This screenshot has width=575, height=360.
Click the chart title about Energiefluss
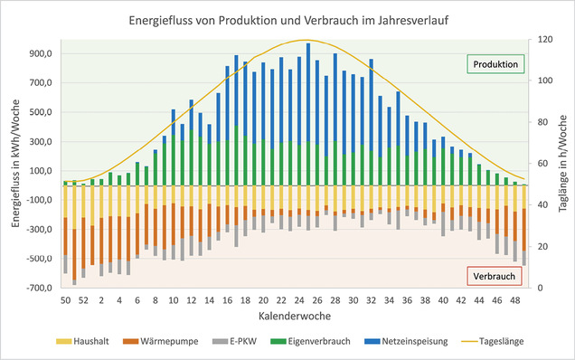[287, 17]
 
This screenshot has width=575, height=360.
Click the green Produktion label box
[495, 65]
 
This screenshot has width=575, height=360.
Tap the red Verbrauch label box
[495, 276]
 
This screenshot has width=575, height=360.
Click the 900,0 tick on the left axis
[40, 53]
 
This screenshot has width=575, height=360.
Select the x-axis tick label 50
[65, 300]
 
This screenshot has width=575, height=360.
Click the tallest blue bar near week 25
[308, 90]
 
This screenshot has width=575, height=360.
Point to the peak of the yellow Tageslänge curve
[306, 40]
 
